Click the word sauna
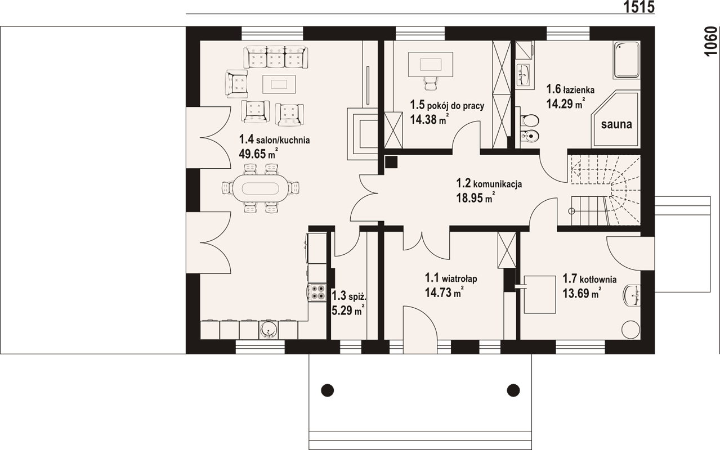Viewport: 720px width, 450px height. point(616,125)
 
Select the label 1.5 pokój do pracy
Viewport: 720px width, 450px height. point(447,105)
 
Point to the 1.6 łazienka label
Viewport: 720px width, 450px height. point(570,89)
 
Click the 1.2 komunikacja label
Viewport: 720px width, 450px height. point(489,183)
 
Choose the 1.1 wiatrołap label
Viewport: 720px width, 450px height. point(451,278)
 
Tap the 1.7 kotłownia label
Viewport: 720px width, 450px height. point(589,279)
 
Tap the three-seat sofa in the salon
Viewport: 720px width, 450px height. point(275,57)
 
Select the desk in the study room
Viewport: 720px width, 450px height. point(431,62)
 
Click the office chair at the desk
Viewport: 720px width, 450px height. point(430,83)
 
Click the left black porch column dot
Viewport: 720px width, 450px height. point(327,389)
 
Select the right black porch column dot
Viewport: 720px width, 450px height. point(513,389)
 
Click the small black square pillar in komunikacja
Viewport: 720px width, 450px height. point(392,162)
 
